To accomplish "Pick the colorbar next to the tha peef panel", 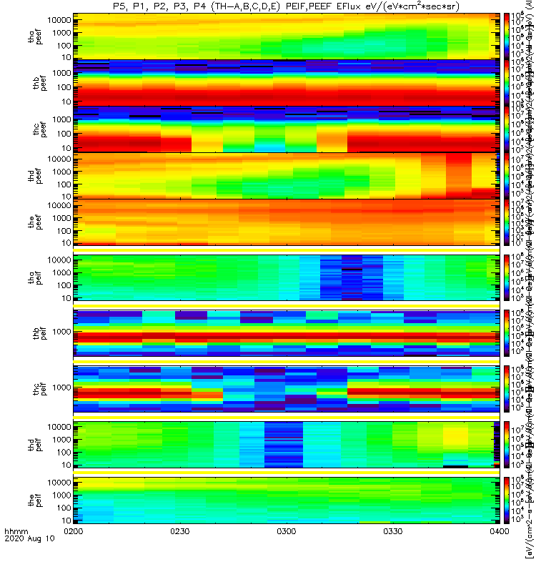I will [506, 36].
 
